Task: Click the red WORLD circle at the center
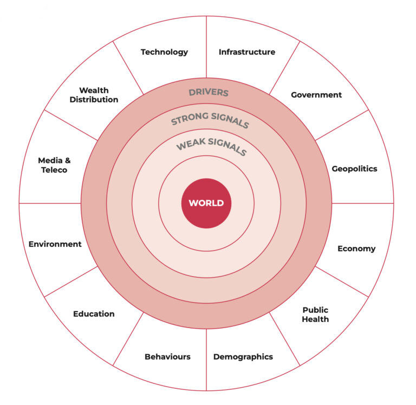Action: pos(206,203)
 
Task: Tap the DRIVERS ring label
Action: pos(209,92)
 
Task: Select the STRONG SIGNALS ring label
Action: pos(210,120)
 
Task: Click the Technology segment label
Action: pos(164,52)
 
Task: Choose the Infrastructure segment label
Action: pos(247,52)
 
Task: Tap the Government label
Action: pos(316,95)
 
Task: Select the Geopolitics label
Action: pos(354,169)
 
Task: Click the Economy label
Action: pos(356,249)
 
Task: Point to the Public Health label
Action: pos(315,314)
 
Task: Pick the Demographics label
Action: pos(243,357)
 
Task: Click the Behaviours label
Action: pos(167,357)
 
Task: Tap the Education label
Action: pos(94,314)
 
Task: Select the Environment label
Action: pos(55,244)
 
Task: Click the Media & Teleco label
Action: pos(54,165)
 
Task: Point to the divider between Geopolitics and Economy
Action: pos(362,203)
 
